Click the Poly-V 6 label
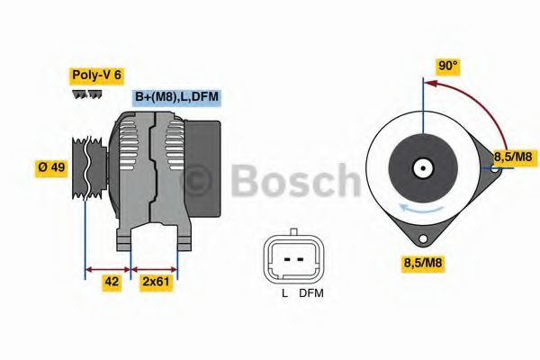click(95, 76)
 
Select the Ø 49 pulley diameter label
click(50, 167)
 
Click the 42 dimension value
click(112, 282)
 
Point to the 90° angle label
click(448, 66)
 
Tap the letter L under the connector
click(284, 292)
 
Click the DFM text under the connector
click(311, 292)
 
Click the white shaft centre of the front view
click(422, 167)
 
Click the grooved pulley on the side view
click(86, 167)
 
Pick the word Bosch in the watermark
click(293, 181)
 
